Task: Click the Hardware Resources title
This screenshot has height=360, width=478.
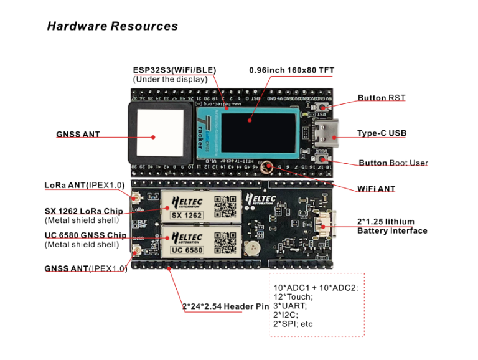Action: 112,26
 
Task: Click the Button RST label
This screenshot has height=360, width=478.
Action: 381,98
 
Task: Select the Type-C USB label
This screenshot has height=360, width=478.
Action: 382,133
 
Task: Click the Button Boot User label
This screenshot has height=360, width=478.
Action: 393,163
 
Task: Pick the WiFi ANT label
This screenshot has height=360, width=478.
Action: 376,189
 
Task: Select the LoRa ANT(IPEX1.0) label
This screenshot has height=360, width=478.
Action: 85,185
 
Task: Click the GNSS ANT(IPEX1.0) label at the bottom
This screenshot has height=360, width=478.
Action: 85,268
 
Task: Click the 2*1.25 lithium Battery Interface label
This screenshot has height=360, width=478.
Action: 391,226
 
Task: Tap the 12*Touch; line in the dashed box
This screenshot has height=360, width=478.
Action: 293,296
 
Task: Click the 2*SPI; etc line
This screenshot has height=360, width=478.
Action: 293,324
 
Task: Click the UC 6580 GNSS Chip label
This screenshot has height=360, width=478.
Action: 85,235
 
